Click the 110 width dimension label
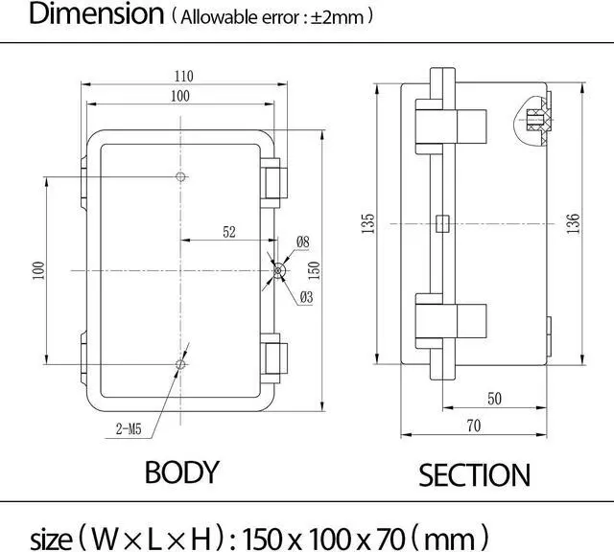click(183, 76)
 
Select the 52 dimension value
click(229, 232)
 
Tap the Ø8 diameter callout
click(303, 241)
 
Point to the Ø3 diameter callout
click(306, 297)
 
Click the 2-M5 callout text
click(129, 429)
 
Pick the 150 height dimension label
click(314, 270)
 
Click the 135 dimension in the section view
click(367, 224)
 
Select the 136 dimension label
click(573, 224)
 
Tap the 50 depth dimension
click(494, 399)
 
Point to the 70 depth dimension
click(473, 425)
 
